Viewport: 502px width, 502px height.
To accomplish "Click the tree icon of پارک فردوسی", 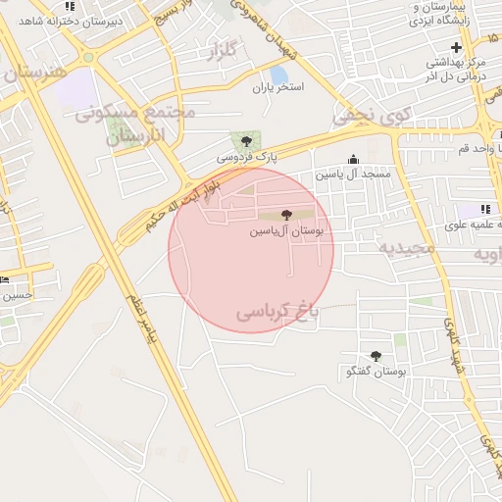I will [x=245, y=142].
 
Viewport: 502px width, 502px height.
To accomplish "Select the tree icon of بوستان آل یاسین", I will [x=285, y=215].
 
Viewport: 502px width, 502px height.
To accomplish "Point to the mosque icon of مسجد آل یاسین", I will [x=353, y=160].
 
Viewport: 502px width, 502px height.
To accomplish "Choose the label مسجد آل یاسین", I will [x=353, y=174].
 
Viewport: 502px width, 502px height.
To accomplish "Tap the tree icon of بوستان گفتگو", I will [x=376, y=357].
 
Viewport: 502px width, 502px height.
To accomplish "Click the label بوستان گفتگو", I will [x=376, y=373].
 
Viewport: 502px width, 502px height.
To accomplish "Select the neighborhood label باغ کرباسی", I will [x=278, y=313].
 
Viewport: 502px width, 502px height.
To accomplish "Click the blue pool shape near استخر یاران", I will [x=278, y=75].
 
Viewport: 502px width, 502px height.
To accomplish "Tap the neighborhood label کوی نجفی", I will [x=367, y=116].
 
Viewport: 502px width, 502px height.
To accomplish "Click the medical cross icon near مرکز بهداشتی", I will [x=456, y=47].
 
